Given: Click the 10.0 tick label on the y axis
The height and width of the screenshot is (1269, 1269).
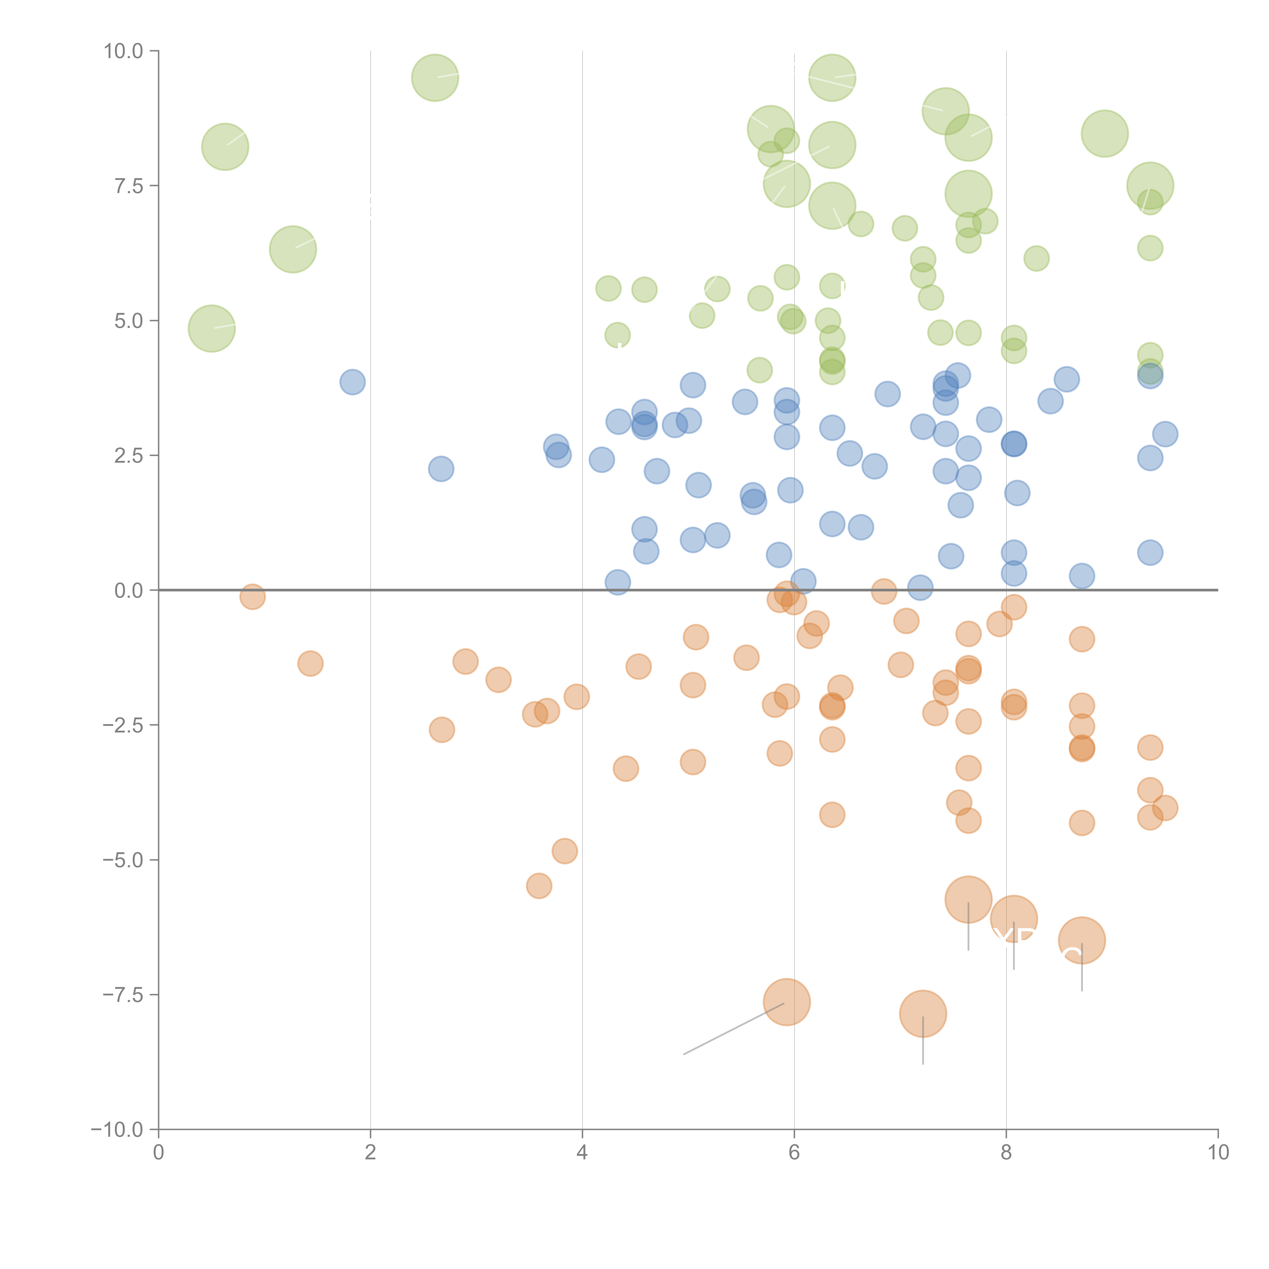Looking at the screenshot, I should (124, 51).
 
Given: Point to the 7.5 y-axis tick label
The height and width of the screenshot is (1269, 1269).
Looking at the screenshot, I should (128, 186).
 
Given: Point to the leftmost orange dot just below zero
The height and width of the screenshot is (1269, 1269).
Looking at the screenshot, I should (252, 596).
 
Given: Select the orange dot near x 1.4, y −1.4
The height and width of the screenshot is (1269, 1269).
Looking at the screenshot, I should (310, 663).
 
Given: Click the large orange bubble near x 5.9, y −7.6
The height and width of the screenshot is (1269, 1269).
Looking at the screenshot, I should (787, 1002).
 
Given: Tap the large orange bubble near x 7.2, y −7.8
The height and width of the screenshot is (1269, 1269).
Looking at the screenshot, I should (923, 1013).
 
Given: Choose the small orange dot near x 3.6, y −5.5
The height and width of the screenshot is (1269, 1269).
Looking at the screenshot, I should (539, 886).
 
